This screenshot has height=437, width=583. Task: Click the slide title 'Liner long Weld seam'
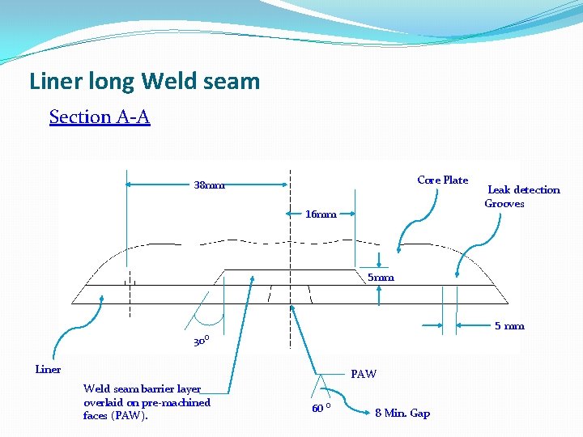coord(144,82)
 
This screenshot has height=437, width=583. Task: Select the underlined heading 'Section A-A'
coord(100,117)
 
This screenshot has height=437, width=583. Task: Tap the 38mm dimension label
coord(209,185)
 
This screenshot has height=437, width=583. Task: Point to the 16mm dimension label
coord(321,214)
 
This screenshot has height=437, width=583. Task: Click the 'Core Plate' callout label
coord(442,180)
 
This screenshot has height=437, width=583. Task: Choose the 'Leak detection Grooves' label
coord(522,197)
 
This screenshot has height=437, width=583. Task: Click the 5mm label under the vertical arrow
coord(381,278)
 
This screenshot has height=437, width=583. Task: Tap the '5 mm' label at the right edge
coord(509,326)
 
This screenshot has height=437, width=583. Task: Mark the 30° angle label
coord(201,342)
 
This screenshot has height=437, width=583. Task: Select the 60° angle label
coord(321,408)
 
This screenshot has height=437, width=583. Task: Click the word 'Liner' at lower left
coord(48,370)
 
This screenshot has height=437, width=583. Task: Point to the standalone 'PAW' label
coord(363,374)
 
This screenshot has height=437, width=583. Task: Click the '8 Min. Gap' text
coord(402,414)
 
